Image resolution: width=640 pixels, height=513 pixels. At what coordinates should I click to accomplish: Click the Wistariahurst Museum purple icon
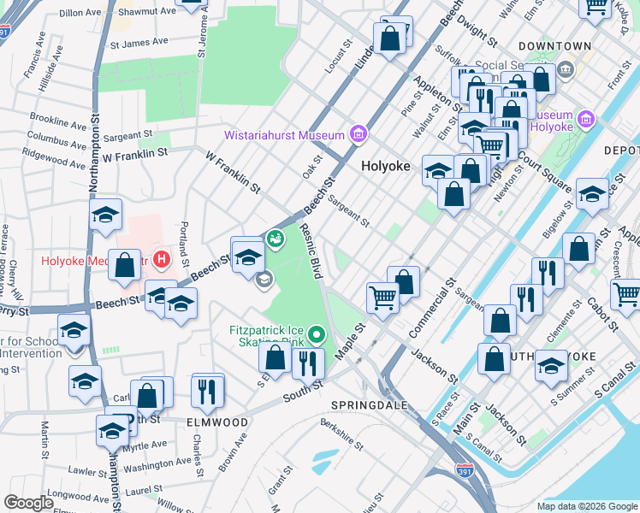(358, 135)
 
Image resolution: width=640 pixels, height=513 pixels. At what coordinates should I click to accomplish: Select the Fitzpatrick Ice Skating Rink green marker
(316, 333)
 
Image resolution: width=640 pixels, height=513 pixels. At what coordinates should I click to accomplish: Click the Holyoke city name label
(385, 166)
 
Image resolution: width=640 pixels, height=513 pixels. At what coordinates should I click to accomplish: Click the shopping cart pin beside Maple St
(382, 298)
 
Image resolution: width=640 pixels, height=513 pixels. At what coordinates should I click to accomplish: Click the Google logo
(28, 503)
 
